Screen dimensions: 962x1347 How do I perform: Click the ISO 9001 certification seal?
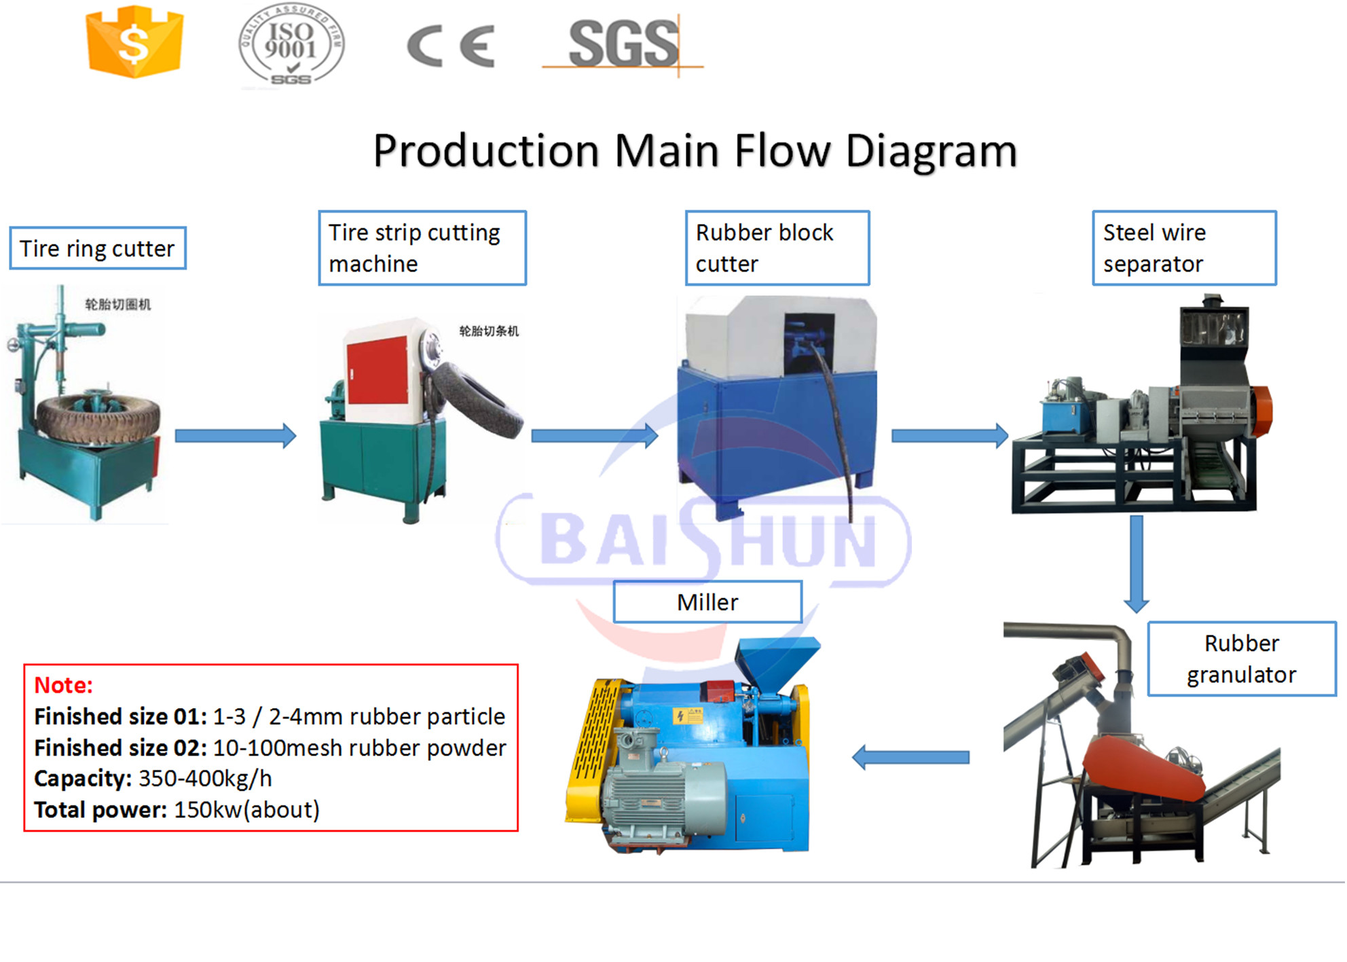(291, 45)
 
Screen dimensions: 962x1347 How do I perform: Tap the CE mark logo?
(450, 46)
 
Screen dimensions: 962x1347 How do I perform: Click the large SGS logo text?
(623, 45)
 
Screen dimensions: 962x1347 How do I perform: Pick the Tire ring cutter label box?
(98, 248)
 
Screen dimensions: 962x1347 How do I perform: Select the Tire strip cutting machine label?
(422, 248)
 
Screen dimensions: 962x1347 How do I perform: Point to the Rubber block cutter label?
(777, 248)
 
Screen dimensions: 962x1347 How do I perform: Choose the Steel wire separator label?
(1184, 248)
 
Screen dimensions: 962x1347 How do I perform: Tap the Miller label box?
(707, 602)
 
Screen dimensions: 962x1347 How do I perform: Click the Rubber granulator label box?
(1241, 659)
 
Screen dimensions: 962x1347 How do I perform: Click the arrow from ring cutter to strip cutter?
(235, 435)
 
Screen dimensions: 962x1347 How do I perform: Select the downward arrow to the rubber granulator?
(1136, 563)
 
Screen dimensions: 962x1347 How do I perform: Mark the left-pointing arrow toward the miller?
(910, 757)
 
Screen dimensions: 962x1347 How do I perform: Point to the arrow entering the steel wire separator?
(949, 435)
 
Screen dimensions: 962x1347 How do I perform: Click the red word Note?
(63, 685)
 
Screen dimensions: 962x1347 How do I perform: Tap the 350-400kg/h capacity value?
(205, 778)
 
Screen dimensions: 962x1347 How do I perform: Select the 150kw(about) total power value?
(246, 809)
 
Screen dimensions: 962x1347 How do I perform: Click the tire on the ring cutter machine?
(98, 415)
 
